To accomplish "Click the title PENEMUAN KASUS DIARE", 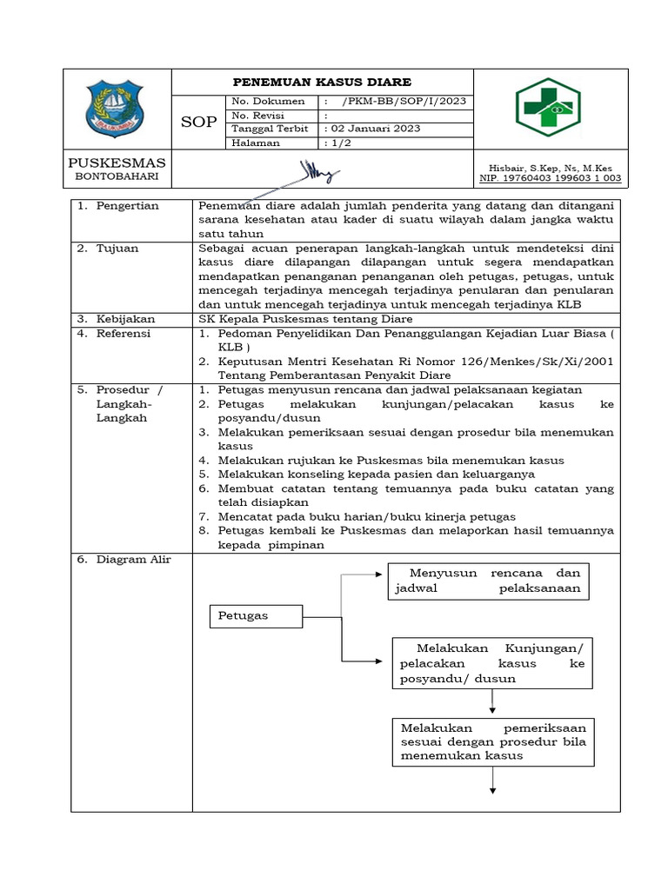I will click(x=321, y=82).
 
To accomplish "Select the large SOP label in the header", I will click(x=198, y=122).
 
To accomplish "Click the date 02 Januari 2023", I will click(x=371, y=129).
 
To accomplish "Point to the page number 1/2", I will click(x=337, y=143).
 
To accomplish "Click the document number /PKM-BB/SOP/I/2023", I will click(x=404, y=101).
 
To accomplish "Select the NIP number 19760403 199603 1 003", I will click(x=550, y=179).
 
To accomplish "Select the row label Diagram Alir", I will click(x=127, y=560).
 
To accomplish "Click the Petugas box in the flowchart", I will click(x=255, y=616).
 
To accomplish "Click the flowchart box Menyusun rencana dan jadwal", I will click(x=488, y=581).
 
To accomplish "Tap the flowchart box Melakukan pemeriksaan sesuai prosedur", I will click(x=492, y=741).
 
